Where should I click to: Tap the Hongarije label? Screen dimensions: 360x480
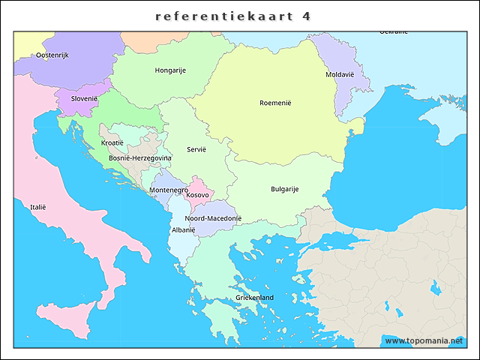(170, 70)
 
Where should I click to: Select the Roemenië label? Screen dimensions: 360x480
(275, 103)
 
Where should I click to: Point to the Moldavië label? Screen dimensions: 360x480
(340, 75)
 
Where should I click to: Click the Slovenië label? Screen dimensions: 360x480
(85, 98)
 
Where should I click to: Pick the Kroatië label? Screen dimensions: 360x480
(112, 142)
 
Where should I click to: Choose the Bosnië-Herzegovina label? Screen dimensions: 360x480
(140, 158)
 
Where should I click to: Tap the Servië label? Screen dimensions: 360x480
(196, 149)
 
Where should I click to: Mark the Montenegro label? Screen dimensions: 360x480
(169, 190)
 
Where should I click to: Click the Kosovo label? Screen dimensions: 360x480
(198, 195)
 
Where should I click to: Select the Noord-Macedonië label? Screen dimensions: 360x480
(213, 218)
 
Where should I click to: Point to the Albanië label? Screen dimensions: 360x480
(184, 230)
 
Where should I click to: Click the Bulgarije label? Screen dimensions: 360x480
(285, 189)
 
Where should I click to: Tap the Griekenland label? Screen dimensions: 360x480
(255, 298)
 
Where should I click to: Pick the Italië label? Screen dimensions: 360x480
(38, 206)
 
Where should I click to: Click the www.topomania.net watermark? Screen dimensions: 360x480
(424, 340)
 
